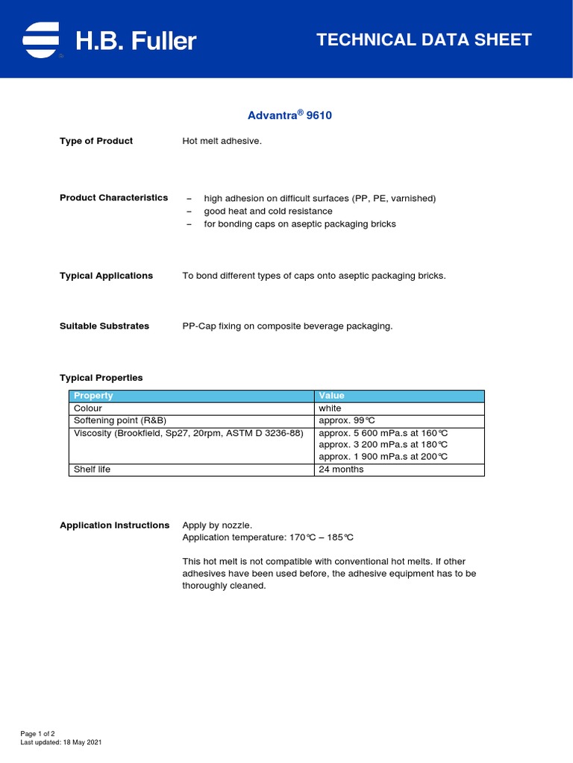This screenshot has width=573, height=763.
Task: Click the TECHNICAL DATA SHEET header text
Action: pyautogui.click(x=424, y=40)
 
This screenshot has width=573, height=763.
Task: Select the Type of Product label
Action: pyautogui.click(x=96, y=141)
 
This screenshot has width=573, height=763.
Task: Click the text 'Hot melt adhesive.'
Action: pyautogui.click(x=222, y=141)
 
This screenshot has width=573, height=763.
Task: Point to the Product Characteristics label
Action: pyautogui.click(x=113, y=197)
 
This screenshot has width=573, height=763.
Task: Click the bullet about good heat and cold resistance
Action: pyautogui.click(x=257, y=211)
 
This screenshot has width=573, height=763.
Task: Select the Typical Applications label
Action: pyautogui.click(x=106, y=276)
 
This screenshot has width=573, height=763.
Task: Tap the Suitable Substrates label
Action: pyautogui.click(x=104, y=326)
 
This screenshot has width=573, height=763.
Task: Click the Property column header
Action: pyautogui.click(x=93, y=396)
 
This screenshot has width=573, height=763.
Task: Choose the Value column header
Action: pyautogui.click(x=331, y=396)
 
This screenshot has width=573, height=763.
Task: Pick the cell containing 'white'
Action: pyautogui.click(x=330, y=408)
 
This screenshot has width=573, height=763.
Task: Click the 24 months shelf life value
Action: pyautogui.click(x=341, y=469)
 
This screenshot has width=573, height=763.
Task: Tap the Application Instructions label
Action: pyautogui.click(x=114, y=525)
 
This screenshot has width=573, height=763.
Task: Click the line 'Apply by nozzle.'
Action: pyautogui.click(x=212, y=525)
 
